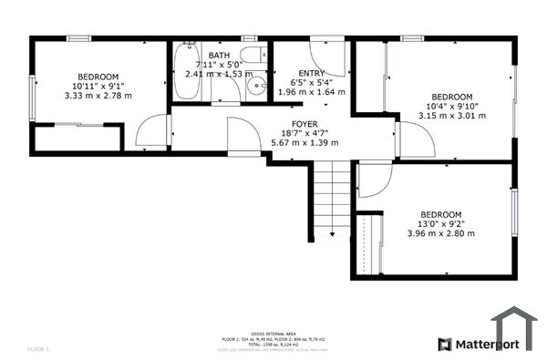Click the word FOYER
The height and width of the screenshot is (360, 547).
click(304, 123)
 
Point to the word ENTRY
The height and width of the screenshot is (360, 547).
click(311, 73)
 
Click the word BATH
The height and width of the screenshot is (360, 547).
click(219, 56)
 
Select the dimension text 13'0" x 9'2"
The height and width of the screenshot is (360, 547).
click(440, 223)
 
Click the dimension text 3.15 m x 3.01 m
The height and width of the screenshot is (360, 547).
click(452, 116)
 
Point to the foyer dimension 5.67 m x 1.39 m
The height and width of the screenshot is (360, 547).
click(304, 142)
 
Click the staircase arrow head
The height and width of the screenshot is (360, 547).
click(332, 235)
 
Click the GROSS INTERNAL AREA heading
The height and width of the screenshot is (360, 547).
click(273, 333)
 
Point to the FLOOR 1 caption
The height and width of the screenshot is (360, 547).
click(38, 349)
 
